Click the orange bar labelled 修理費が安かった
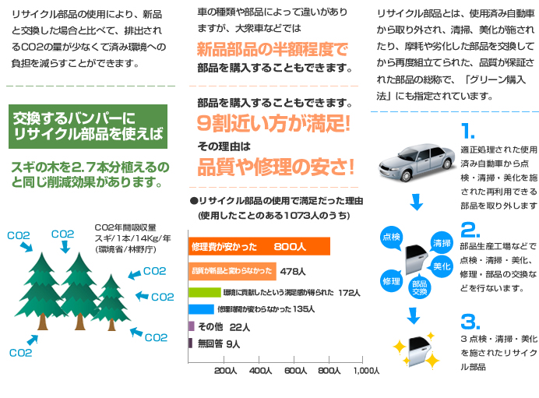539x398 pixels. pyautogui.click(x=259, y=246)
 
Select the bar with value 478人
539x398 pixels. pyautogui.click(x=233, y=271)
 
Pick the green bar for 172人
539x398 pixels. pyautogui.click(x=205, y=293)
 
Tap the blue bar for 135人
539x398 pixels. pyautogui.click(x=201, y=309)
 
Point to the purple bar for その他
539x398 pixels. pyautogui.click(x=192, y=326)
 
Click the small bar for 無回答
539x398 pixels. pyautogui.click(x=191, y=343)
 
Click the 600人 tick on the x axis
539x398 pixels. pyautogui.click(x=295, y=371)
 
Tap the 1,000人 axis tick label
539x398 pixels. pyautogui.click(x=366, y=371)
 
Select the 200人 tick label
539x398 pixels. pyautogui.click(x=224, y=371)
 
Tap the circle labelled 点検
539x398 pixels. pyautogui.click(x=391, y=236)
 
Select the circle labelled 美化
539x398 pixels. pyautogui.click(x=442, y=266)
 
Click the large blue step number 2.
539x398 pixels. pyautogui.click(x=470, y=230)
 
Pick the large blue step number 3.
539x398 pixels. pyautogui.click(x=470, y=321)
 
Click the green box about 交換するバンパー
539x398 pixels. pyautogui.click(x=89, y=126)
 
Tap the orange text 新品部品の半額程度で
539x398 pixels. pyautogui.click(x=272, y=49)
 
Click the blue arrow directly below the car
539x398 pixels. pyautogui.click(x=417, y=205)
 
